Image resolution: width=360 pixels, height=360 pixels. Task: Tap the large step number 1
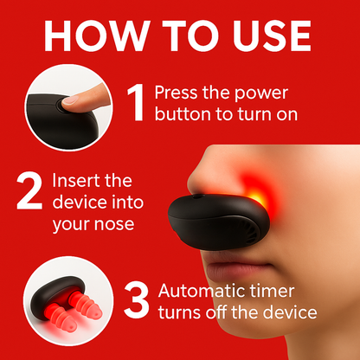tap(136, 102)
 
